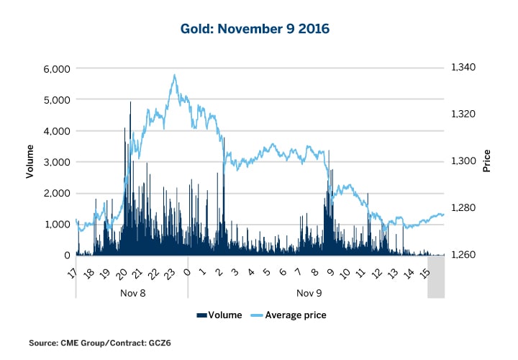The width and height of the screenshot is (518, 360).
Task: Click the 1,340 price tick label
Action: (463, 67)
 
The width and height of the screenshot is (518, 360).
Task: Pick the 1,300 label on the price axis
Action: (463, 161)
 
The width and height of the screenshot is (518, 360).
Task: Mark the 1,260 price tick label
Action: (463, 256)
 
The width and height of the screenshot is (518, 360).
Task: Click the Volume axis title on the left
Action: (30, 162)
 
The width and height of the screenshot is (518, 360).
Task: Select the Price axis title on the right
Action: (487, 161)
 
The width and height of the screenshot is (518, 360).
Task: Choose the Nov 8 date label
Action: (131, 294)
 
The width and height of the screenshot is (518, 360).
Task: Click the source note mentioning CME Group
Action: (100, 343)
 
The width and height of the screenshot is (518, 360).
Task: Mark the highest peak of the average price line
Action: (174, 74)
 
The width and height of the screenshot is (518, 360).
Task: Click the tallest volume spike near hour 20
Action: (130, 102)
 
